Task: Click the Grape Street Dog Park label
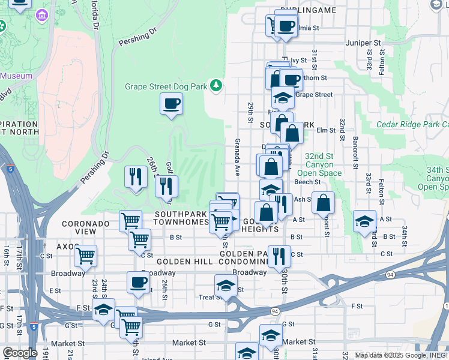[x=166, y=86]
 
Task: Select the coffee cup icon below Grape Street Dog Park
[x=171, y=103]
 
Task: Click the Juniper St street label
[x=364, y=43]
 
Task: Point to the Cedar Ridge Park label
[x=412, y=125]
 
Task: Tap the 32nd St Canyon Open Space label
[x=324, y=164]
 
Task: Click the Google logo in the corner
[x=19, y=353]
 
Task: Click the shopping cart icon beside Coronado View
[x=130, y=221]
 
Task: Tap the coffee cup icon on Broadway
[x=138, y=283]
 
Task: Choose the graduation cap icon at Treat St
[x=226, y=286]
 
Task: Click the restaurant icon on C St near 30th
[x=279, y=256]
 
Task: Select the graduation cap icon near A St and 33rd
[x=364, y=221]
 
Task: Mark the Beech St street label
[x=307, y=182]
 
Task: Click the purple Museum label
[x=16, y=76]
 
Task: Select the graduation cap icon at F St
[x=103, y=310]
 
